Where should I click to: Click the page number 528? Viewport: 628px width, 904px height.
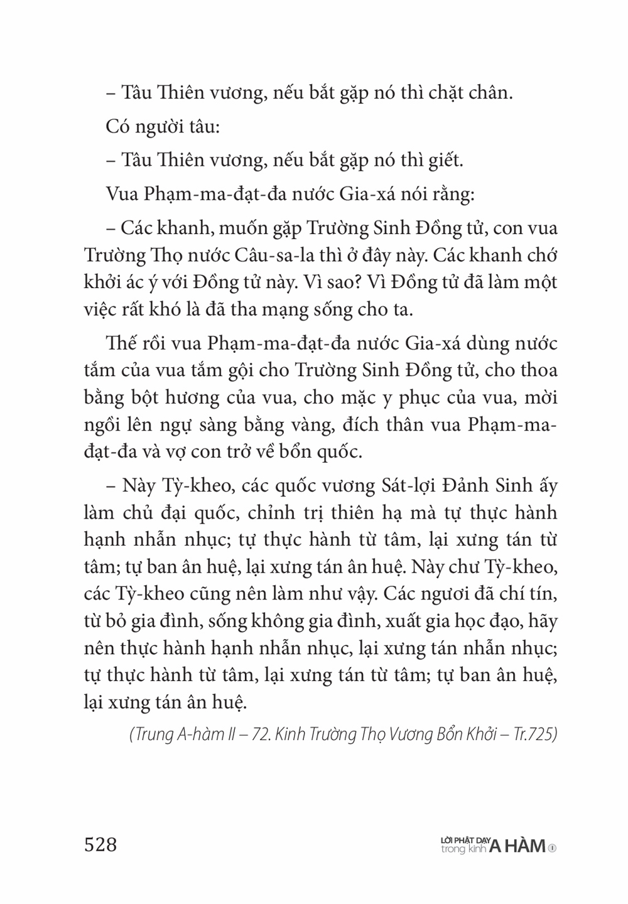[100, 844]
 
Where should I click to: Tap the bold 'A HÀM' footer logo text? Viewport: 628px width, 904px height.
[517, 847]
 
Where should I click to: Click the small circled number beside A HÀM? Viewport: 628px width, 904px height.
[553, 848]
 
